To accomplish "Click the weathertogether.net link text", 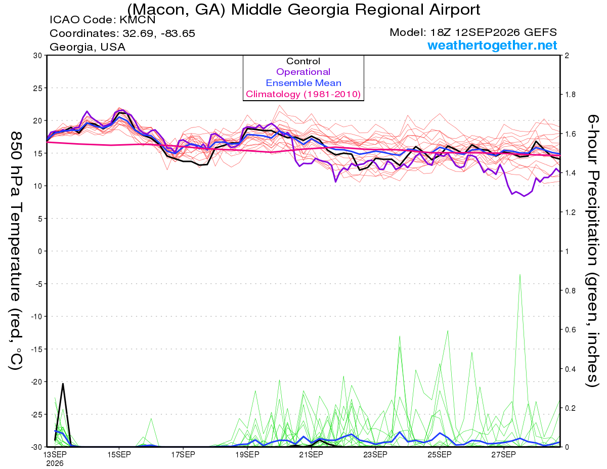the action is [492, 45].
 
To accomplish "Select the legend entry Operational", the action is [303, 72].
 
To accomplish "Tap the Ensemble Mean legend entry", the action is [303, 83].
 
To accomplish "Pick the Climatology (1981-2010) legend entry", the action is [303, 94].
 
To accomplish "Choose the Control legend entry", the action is [303, 61].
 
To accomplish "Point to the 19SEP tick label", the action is [247, 454].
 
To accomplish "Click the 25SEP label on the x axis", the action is [440, 454].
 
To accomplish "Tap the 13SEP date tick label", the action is [55, 454].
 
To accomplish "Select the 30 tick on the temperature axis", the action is [38, 56].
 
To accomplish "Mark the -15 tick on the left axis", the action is [36, 349].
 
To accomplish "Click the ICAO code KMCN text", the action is [103, 20].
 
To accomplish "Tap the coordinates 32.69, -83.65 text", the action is [122, 33].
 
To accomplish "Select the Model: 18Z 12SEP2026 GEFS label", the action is [473, 32].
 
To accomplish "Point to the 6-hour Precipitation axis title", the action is [593, 251].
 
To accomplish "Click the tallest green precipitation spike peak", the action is [520, 275].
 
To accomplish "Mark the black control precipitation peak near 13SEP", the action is [63, 384].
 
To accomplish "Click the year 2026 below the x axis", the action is [55, 463].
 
